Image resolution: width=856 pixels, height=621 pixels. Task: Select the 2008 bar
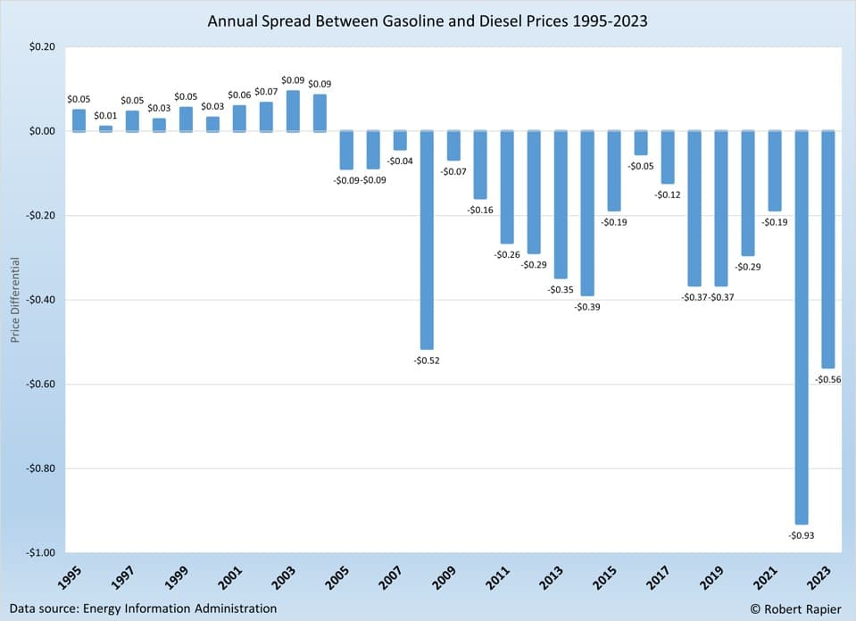coord(427,240)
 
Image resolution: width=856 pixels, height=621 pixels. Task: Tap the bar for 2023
coord(827,249)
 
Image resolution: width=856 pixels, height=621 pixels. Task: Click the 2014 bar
coord(587,213)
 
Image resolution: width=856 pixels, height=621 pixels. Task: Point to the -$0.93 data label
coord(802,535)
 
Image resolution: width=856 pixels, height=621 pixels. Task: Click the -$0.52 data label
coord(427,360)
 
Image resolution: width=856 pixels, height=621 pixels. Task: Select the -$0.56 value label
coord(827,379)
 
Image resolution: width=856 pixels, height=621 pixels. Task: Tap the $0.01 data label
coord(105,115)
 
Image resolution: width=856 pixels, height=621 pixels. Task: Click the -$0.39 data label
coord(587,307)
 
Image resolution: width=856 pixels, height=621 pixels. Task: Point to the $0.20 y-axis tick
coord(42,47)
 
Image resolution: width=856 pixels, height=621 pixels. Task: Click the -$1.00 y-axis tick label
coord(39,553)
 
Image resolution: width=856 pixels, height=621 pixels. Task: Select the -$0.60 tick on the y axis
coord(39,385)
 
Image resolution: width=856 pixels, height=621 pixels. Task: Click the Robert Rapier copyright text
coord(794,609)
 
